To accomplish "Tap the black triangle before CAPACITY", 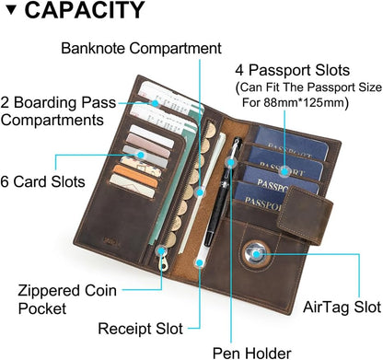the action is pyautogui.click(x=11, y=12).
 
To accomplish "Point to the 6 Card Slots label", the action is pyautogui.click(x=45, y=181).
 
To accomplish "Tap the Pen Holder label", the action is pyautogui.click(x=251, y=351).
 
